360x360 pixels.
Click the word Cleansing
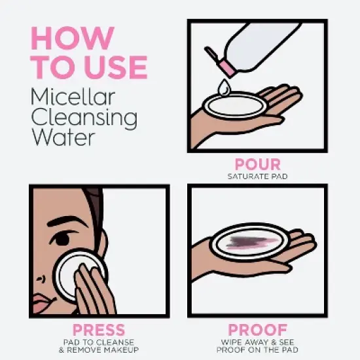tap(84, 119)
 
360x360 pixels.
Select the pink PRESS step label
tap(99, 329)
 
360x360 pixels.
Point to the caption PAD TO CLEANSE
tap(99, 342)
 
